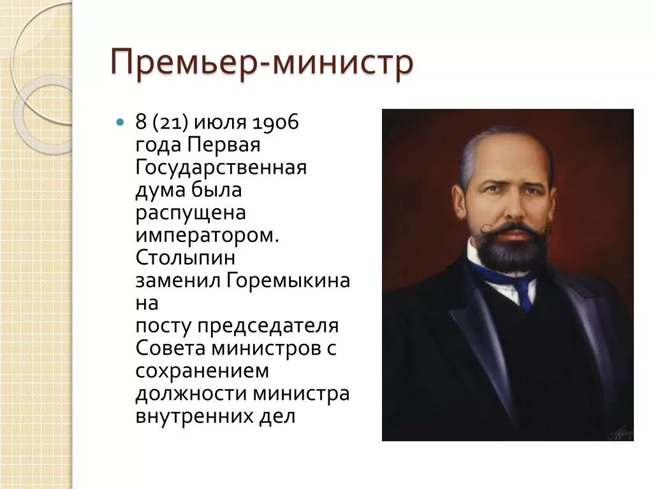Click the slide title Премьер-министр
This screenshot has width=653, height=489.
pyautogui.click(x=262, y=64)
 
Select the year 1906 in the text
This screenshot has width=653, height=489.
pyautogui.click(x=275, y=122)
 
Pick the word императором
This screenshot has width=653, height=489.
pyautogui.click(x=207, y=236)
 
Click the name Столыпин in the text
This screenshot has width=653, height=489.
pyautogui.click(x=185, y=258)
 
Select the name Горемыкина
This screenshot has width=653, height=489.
pyautogui.click(x=288, y=281)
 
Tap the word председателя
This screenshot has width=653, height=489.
pyautogui.click(x=267, y=326)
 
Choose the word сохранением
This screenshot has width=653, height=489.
pyautogui.click(x=202, y=371)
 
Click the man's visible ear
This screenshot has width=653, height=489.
pyautogui.click(x=460, y=199)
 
